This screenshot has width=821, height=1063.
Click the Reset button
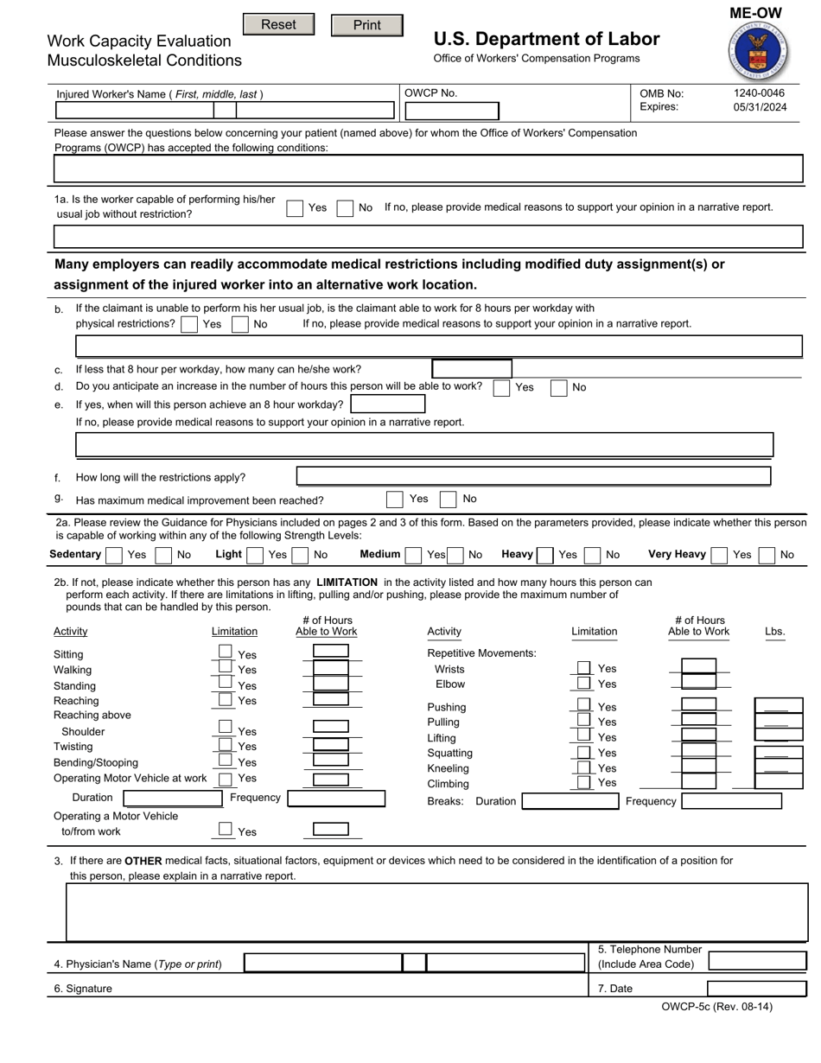tap(278, 25)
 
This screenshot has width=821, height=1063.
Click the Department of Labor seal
tap(758, 52)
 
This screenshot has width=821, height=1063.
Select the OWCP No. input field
tap(451, 111)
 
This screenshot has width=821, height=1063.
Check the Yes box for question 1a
tap(295, 208)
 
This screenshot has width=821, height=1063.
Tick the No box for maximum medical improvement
tap(448, 500)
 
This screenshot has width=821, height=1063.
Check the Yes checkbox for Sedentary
tap(113, 555)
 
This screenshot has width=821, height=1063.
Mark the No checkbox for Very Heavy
tap(767, 555)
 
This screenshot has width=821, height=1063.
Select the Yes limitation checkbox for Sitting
tap(225, 652)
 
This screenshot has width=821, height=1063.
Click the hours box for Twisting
tap(330, 744)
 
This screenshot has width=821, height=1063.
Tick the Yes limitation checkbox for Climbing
tap(584, 782)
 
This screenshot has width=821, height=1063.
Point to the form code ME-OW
tap(755, 13)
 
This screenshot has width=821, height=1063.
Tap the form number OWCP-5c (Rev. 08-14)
tap(716, 1007)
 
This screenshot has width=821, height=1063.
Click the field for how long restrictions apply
tap(533, 476)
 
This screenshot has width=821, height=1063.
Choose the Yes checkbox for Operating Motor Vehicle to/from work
tap(225, 829)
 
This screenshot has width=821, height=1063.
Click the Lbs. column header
tap(774, 632)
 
